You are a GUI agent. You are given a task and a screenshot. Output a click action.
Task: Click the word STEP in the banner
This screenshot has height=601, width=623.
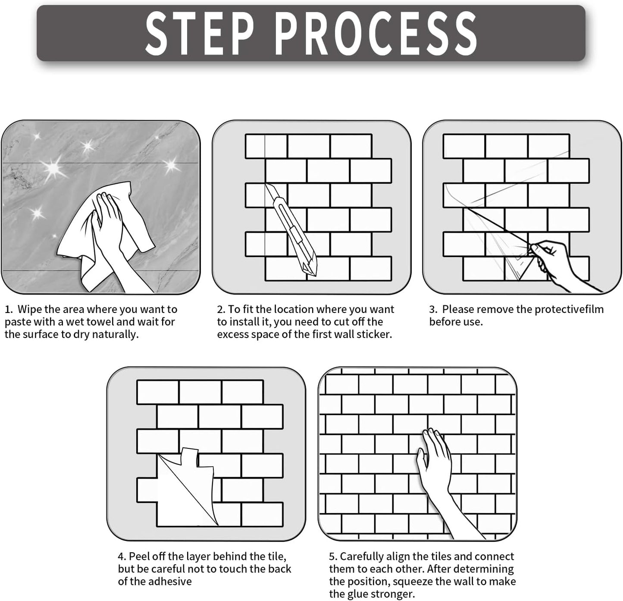tap(200, 33)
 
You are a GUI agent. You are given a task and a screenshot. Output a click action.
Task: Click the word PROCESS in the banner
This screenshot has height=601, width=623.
tap(376, 33)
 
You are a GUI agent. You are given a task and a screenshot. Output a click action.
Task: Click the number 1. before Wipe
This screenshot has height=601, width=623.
tap(9, 309)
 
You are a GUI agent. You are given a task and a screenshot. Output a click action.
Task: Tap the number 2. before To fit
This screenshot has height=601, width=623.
tap(221, 309)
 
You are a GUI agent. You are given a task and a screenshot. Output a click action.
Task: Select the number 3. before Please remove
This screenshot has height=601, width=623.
tap(433, 309)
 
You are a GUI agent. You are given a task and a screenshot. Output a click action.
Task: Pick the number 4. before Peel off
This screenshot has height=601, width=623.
tap(122, 557)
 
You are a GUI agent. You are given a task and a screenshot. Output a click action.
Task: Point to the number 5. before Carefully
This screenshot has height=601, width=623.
tap(333, 557)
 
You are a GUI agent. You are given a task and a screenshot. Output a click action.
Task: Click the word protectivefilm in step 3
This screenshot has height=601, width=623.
tap(569, 309)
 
